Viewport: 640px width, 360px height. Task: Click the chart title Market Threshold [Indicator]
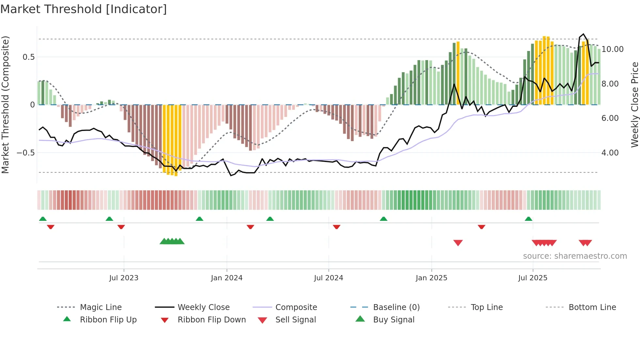point(84,9)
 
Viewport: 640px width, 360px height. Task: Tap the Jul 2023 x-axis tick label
point(124,278)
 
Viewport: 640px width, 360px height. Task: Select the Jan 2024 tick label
point(227,278)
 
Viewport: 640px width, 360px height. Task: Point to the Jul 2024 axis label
point(328,278)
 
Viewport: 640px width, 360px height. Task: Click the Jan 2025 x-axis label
point(431,278)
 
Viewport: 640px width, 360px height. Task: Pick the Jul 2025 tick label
point(533,278)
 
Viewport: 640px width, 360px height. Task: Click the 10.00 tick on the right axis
point(612,49)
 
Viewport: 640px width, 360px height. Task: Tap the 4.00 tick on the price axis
point(610,153)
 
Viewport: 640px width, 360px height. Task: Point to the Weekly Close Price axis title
point(634,105)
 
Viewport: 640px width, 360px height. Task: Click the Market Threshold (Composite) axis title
point(5,105)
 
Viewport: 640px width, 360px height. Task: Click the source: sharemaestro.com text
point(575,256)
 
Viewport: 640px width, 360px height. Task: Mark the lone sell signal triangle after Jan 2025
point(458,243)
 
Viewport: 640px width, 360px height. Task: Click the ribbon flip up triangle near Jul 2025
point(528,219)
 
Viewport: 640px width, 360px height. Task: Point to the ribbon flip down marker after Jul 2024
point(337,227)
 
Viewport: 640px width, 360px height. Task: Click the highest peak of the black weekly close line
point(584,34)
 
